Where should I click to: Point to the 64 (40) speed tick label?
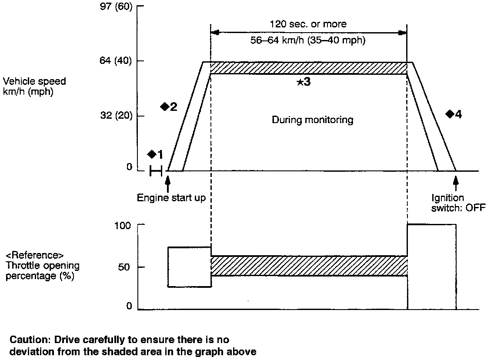pyautogui.click(x=117, y=61)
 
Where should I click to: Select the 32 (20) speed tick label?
pyautogui.click(x=117, y=116)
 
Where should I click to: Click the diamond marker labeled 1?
pyautogui.click(x=152, y=154)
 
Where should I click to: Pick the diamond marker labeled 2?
pyautogui.click(x=164, y=107)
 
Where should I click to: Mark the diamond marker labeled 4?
pyautogui.click(x=450, y=114)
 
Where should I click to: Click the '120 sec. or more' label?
pyautogui.click(x=308, y=24)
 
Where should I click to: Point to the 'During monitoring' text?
pyautogui.click(x=312, y=120)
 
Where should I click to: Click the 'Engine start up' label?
pyautogui.click(x=171, y=198)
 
